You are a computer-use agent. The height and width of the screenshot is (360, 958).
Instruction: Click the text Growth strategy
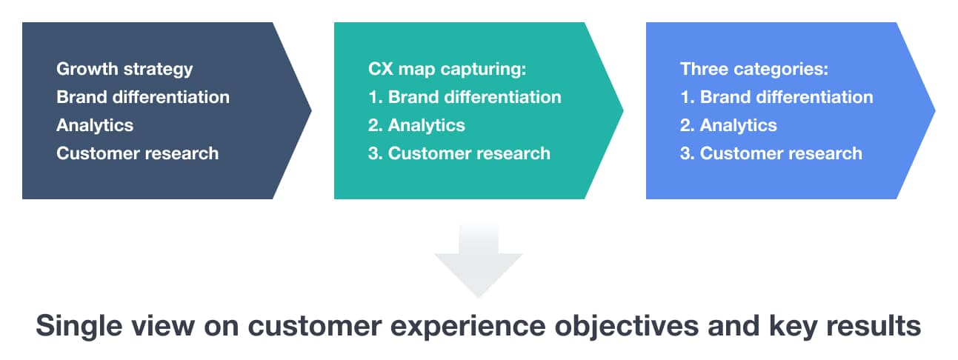pyautogui.click(x=124, y=70)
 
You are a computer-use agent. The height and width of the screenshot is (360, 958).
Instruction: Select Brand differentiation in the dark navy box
pyautogui.click(x=143, y=97)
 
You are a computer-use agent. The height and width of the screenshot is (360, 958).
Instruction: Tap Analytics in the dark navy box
pyautogui.click(x=95, y=126)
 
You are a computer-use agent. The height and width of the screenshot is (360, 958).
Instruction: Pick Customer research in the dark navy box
pyautogui.click(x=137, y=153)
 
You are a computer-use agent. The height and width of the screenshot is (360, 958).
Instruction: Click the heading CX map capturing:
pyautogui.click(x=447, y=70)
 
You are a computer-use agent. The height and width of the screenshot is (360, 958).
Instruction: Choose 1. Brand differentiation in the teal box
pyautogui.click(x=465, y=97)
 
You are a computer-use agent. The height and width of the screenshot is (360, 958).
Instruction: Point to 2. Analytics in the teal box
pyautogui.click(x=416, y=126)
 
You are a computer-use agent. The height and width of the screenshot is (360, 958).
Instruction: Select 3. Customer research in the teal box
pyautogui.click(x=459, y=153)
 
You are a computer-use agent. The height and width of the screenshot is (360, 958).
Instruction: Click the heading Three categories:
pyautogui.click(x=754, y=70)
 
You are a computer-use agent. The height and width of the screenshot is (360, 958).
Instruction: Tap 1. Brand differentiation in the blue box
pyautogui.click(x=776, y=97)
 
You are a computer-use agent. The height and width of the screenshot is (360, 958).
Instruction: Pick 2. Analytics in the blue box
pyautogui.click(x=728, y=126)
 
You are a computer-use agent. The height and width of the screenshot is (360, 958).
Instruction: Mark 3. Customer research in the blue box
pyautogui.click(x=771, y=153)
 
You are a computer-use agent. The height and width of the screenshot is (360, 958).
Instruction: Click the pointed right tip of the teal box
pyautogui.click(x=623, y=110)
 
